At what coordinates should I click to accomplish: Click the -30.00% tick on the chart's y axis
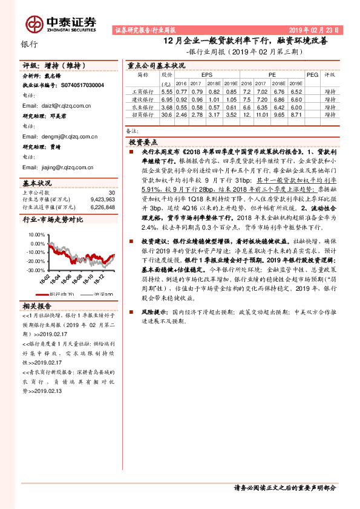36,271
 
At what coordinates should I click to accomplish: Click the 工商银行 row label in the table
143,90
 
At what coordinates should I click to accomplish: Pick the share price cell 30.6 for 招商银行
167,114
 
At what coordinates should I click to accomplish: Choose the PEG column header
312,75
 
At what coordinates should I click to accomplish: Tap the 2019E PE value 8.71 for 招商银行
295,114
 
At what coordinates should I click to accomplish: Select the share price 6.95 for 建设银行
167,98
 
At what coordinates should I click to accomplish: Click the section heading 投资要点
143,141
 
